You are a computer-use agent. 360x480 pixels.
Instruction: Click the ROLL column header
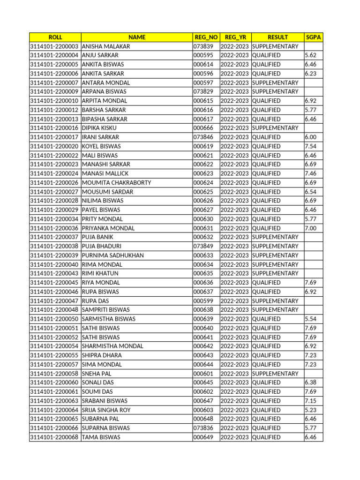(x=55, y=37)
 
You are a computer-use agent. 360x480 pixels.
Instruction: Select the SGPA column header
(x=313, y=37)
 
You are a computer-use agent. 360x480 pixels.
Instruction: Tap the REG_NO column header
(x=206, y=37)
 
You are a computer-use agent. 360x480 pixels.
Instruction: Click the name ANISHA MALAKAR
(x=106, y=46)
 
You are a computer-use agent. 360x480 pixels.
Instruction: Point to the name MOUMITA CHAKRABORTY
(x=116, y=183)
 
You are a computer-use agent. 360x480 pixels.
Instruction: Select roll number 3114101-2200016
(x=54, y=128)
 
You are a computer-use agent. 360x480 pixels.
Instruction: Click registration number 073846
(x=203, y=137)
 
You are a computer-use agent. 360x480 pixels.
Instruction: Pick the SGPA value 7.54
(x=311, y=146)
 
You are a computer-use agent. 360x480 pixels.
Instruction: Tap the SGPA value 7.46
(x=311, y=173)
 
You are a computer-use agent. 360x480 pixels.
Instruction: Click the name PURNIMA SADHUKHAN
(x=112, y=255)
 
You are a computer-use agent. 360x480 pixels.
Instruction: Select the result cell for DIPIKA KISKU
(x=275, y=128)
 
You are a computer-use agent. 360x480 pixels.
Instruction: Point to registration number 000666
(x=203, y=128)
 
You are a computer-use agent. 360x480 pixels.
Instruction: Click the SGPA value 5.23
(x=311, y=410)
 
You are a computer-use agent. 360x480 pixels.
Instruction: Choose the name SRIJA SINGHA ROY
(x=106, y=410)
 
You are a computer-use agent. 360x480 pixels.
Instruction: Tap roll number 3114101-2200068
(x=54, y=437)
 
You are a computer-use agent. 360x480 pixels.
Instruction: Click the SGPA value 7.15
(x=311, y=401)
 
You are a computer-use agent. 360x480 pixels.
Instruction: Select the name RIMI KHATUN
(x=100, y=273)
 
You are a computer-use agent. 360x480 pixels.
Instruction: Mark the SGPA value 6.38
(x=311, y=382)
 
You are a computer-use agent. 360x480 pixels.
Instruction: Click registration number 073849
(x=203, y=246)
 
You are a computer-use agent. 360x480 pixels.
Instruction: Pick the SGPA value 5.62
(x=311, y=55)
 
